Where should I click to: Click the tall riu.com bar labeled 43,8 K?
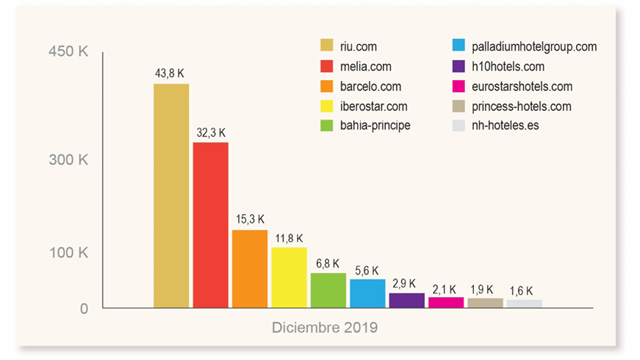pyautogui.click(x=171, y=195)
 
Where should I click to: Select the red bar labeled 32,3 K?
pyautogui.click(x=210, y=225)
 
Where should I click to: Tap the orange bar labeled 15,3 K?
pyautogui.click(x=250, y=269)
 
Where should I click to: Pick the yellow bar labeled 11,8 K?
pyautogui.click(x=289, y=278)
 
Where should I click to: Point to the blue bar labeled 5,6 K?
pyautogui.click(x=367, y=293)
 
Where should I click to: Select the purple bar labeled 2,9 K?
pyautogui.click(x=406, y=300)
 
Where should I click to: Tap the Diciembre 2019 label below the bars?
pyautogui.click(x=325, y=328)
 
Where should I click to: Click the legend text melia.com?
pyautogui.click(x=365, y=66)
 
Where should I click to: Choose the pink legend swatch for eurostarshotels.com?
pyautogui.click(x=458, y=87)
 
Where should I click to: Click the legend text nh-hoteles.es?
pyautogui.click(x=506, y=126)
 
